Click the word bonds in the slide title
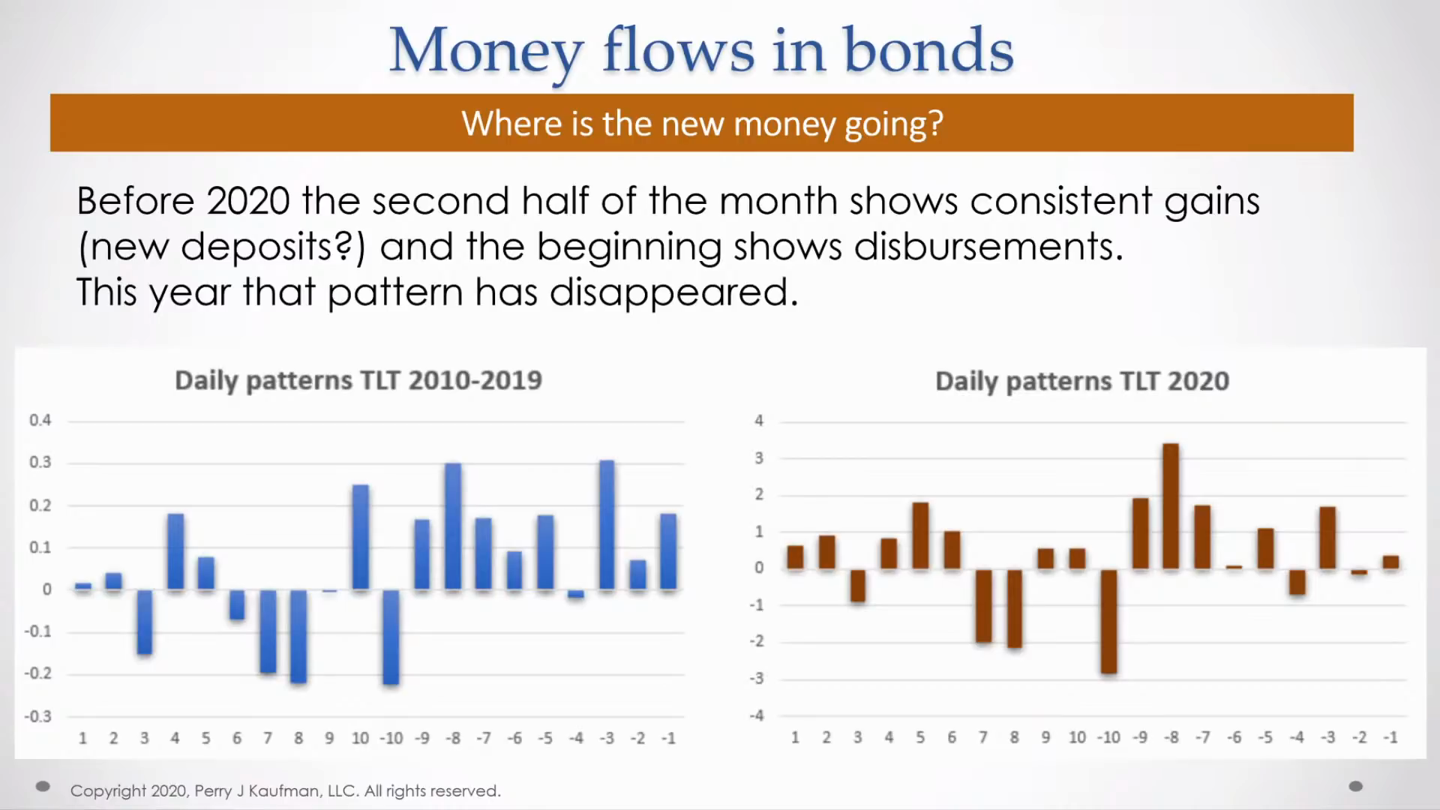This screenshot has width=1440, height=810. tap(928, 51)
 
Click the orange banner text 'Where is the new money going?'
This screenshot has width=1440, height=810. tap(701, 123)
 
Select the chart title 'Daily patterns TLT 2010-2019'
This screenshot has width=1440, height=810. tap(358, 380)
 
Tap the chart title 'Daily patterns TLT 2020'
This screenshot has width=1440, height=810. tap(1081, 381)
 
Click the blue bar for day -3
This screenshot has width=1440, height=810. tap(607, 525)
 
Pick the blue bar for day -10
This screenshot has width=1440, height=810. tap(391, 637)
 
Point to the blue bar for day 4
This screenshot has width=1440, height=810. tap(175, 551)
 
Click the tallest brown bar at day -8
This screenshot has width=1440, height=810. tap(1170, 506)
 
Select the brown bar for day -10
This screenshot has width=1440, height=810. tap(1108, 621)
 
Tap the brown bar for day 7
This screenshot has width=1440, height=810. tap(983, 605)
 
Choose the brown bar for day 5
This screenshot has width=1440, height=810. tap(920, 535)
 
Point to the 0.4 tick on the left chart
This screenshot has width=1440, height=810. tap(40, 420)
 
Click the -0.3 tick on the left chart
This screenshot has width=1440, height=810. tap(37, 716)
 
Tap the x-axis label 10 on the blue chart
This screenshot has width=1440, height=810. tap(360, 738)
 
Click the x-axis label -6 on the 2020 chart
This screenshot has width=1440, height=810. tap(1234, 737)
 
